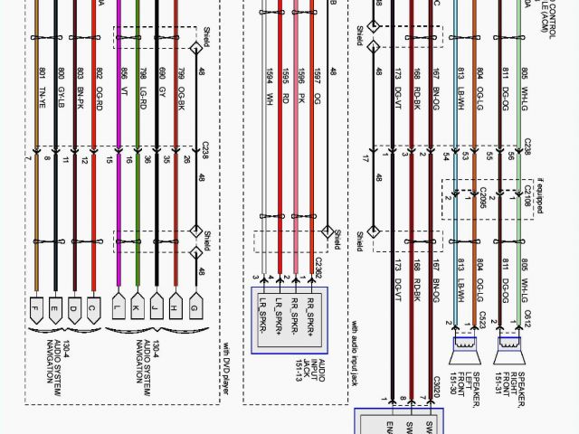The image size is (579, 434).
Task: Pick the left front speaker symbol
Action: point(465,348)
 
